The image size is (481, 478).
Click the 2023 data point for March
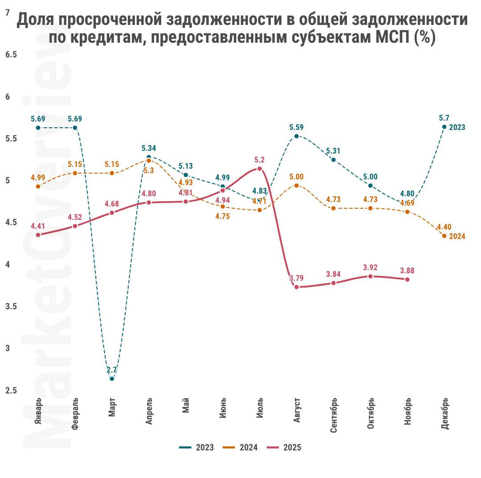pyautogui.click(x=112, y=379)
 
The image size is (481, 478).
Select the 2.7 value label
pyautogui.click(x=112, y=370)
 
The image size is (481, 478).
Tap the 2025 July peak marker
pyautogui.click(x=260, y=169)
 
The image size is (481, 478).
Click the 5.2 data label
pyautogui.click(x=260, y=160)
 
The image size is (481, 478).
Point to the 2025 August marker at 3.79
pyautogui.click(x=297, y=287)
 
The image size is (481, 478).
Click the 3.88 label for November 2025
pyautogui.click(x=408, y=271)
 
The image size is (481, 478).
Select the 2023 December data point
pyautogui.click(x=444, y=127)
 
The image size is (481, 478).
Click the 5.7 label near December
pyautogui.click(x=444, y=118)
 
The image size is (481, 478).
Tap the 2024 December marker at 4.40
pyautogui.click(x=444, y=236)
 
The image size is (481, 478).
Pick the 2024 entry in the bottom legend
pyautogui.click(x=240, y=447)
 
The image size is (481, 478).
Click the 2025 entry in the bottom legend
pyautogui.click(x=284, y=447)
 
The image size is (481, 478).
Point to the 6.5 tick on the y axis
pyautogui.click(x=11, y=55)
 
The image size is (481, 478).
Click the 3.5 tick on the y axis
pyautogui.click(x=11, y=307)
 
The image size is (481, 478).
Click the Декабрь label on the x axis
pyautogui.click(x=444, y=414)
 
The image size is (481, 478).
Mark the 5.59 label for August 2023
pyautogui.click(x=297, y=127)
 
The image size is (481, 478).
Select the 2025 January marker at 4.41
pyautogui.click(x=38, y=235)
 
